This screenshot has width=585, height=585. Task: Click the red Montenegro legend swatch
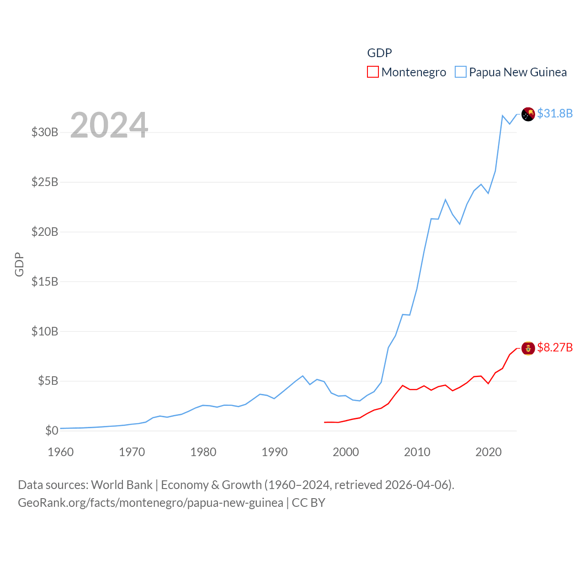[373, 72]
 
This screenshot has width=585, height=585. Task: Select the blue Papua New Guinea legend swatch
[461, 72]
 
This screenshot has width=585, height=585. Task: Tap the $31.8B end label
[555, 113]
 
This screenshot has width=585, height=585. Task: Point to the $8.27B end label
[555, 348]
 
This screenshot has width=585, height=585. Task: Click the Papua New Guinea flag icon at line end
[528, 114]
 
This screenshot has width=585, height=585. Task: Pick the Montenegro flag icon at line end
[528, 348]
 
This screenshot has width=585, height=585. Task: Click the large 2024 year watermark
[109, 125]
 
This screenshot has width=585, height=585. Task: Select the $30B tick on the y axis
[45, 133]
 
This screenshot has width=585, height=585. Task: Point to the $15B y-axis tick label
[45, 282]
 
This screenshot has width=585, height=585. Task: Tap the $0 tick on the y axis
[52, 431]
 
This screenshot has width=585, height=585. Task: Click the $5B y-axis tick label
[48, 381]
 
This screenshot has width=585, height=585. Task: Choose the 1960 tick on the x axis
[61, 452]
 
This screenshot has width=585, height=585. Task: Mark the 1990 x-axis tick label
[275, 452]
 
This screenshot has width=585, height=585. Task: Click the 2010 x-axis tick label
[417, 452]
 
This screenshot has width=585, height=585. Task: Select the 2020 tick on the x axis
[489, 452]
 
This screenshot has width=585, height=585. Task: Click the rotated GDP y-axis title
[19, 264]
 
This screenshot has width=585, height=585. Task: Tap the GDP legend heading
[379, 53]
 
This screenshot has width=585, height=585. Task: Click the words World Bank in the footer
[122, 485]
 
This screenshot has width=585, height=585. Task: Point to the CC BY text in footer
[308, 503]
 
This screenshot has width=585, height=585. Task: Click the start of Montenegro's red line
[325, 422]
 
